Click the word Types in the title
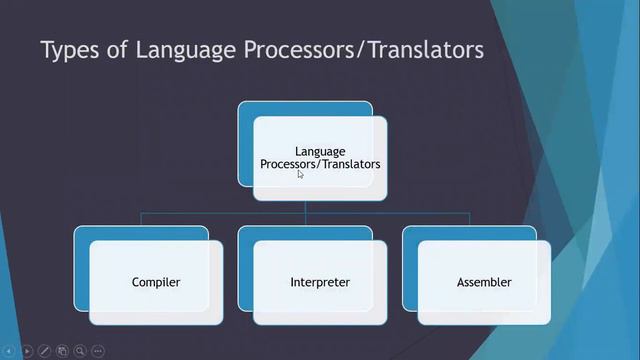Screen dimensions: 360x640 (70, 50)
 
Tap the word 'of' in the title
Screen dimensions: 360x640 (117, 50)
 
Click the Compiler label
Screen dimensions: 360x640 (156, 282)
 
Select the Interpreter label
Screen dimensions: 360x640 (320, 282)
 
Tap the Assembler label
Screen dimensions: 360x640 (484, 282)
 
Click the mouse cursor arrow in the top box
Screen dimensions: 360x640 (300, 174)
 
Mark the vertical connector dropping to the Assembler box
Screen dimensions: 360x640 (469, 219)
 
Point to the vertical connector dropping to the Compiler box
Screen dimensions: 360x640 (141, 219)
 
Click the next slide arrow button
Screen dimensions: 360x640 (27, 351)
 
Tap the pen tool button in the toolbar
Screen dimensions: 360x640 (45, 351)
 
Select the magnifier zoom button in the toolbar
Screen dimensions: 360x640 (80, 351)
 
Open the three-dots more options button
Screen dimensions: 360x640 (98, 351)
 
